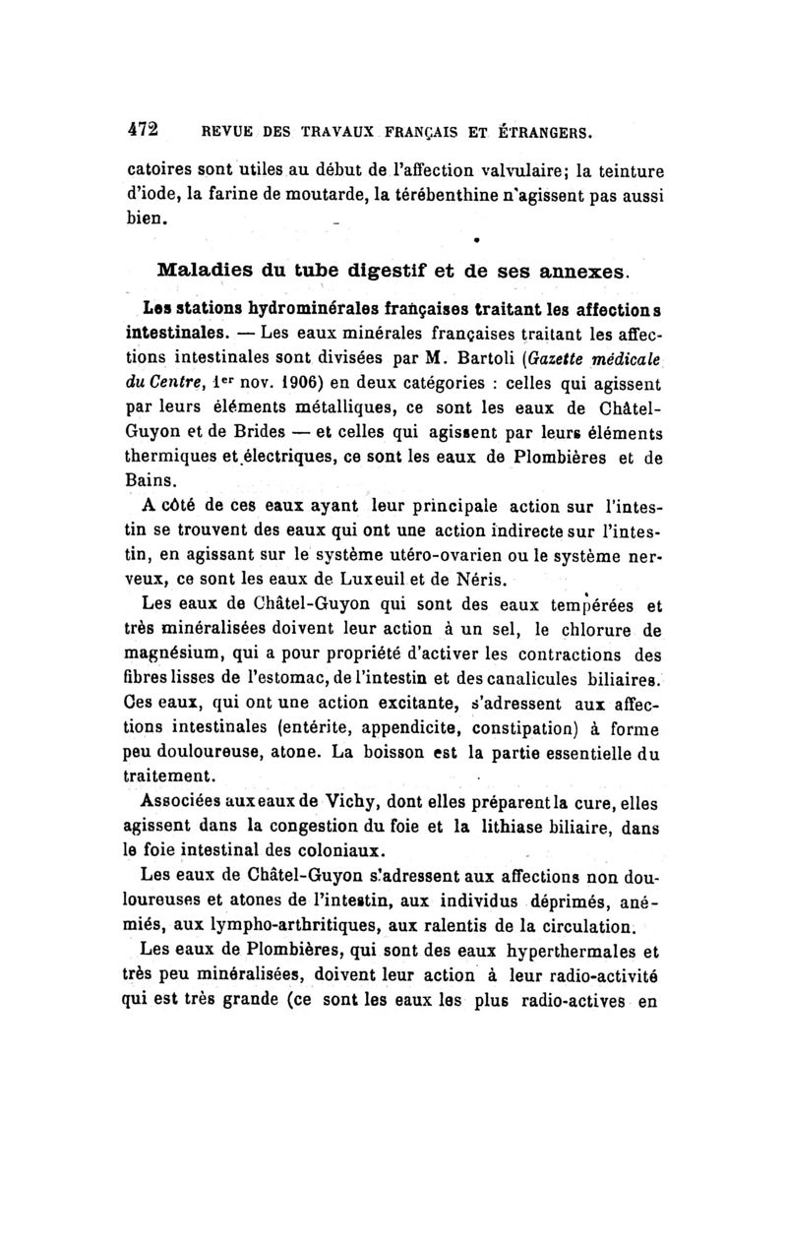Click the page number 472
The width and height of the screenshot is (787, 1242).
tap(144, 129)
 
